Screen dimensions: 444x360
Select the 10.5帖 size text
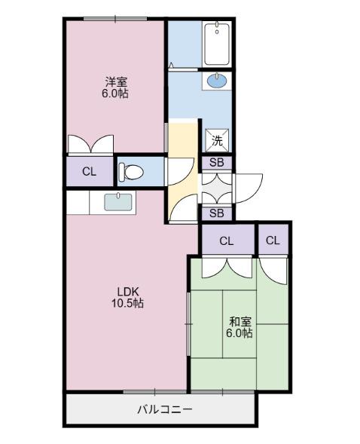(x=128, y=304)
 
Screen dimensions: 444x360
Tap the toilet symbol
(x=131, y=171)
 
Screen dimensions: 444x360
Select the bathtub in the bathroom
(x=217, y=44)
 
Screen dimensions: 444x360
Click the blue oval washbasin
(x=215, y=81)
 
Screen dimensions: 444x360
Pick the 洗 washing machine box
(x=216, y=139)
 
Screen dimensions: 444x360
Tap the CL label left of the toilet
(x=89, y=171)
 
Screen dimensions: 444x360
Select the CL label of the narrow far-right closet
(x=273, y=241)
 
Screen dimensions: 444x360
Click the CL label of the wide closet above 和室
(x=227, y=241)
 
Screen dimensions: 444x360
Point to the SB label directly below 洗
(x=216, y=162)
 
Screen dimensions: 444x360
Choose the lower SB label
(x=216, y=213)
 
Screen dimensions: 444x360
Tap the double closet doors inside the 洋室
(x=89, y=144)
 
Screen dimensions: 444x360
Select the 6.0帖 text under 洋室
(x=115, y=94)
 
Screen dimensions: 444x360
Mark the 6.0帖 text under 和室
(x=240, y=332)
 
